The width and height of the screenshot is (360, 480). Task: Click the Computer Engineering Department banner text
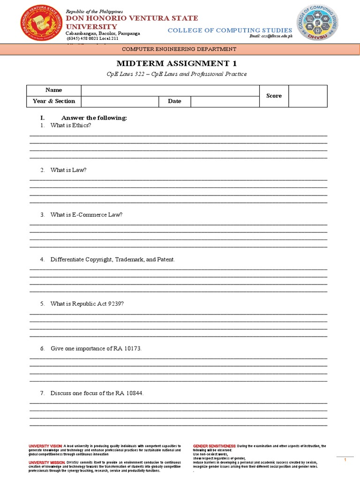(x=179, y=49)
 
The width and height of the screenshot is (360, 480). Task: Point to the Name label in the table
(x=53, y=90)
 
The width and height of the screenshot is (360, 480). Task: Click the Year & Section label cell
(x=54, y=101)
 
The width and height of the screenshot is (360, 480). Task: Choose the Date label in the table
(x=174, y=101)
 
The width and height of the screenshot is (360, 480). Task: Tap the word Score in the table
(x=274, y=96)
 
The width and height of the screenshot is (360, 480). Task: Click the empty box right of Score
(x=307, y=96)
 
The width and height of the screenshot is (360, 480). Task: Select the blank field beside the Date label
(x=225, y=101)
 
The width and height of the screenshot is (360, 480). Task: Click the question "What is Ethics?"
(x=71, y=126)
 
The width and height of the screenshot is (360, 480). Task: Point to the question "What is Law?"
(x=68, y=170)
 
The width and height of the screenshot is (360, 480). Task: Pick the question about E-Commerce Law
(x=87, y=215)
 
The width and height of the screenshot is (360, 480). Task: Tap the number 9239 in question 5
(x=115, y=304)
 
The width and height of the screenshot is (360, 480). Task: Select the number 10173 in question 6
(x=132, y=348)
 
